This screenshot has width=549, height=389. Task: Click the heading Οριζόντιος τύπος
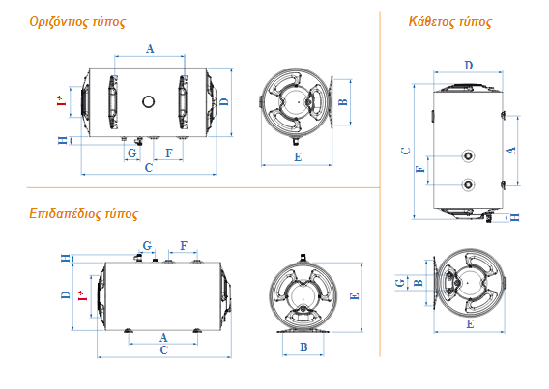pos(77,22)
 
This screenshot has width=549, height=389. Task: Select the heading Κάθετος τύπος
pos(450,22)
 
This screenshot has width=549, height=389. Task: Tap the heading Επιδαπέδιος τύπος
pos(84,213)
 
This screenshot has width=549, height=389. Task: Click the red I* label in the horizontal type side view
pos(62,100)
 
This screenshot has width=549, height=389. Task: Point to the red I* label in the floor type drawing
pos(82,295)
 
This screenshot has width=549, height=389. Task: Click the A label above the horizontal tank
pos(150,49)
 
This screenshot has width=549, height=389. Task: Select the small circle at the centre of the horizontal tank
pos(149,101)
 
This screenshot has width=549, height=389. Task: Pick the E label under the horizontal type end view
pos(298,157)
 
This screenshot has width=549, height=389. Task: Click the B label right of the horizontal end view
pos(343,102)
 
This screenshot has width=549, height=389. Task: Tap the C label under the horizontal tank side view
pos(149,168)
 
